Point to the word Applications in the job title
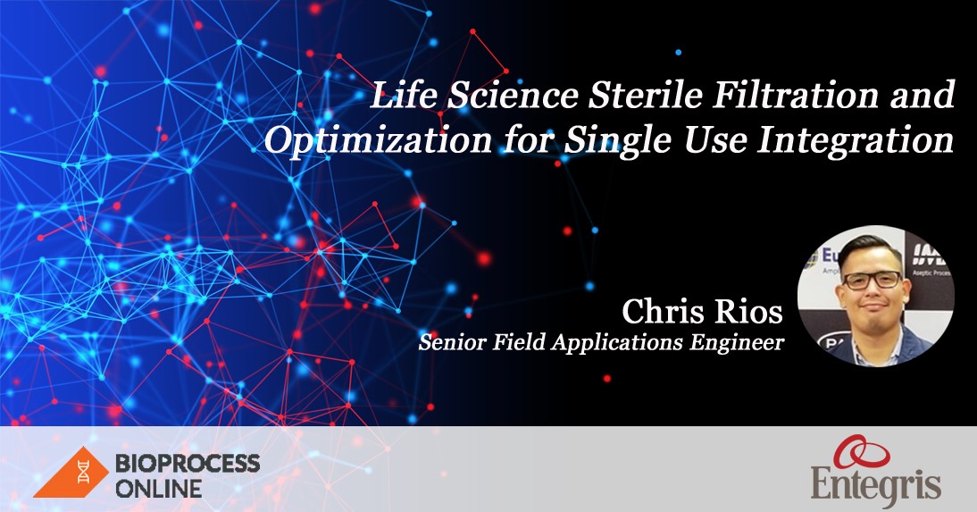(613, 343)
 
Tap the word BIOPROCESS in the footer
(188, 463)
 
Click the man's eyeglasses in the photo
(872, 280)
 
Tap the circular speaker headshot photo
(876, 295)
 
